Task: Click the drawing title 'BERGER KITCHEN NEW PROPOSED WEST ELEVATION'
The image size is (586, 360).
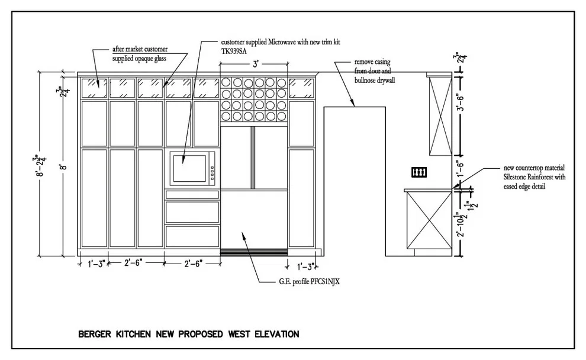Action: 189,334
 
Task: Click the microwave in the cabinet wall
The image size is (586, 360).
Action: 192,169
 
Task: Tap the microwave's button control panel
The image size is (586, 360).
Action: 212,173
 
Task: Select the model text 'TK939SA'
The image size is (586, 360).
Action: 234,52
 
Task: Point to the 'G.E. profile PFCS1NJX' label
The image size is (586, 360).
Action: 310,281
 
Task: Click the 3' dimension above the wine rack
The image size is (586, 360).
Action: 256,64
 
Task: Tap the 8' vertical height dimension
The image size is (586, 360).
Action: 65,165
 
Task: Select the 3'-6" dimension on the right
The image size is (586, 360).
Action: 461,104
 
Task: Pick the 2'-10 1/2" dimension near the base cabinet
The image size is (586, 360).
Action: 461,224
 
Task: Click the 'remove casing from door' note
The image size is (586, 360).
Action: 375,70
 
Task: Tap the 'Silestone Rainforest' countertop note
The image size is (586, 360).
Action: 535,177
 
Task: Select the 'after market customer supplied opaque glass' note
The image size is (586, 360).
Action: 140,54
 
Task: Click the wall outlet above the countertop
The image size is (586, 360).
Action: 419,172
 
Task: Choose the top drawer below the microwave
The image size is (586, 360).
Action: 192,194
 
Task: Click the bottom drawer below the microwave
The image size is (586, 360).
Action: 192,236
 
